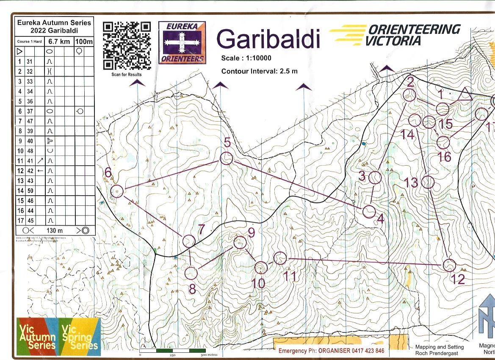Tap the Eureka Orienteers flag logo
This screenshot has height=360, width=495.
[182, 43]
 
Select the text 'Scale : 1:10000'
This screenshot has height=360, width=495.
[246, 58]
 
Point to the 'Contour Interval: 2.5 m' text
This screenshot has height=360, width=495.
[259, 71]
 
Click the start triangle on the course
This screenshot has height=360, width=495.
[465, 94]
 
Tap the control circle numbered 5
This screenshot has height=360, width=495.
[227, 158]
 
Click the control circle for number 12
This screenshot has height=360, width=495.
[449, 265]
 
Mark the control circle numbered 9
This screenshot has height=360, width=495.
[240, 242]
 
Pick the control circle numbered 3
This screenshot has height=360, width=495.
[374, 177]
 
